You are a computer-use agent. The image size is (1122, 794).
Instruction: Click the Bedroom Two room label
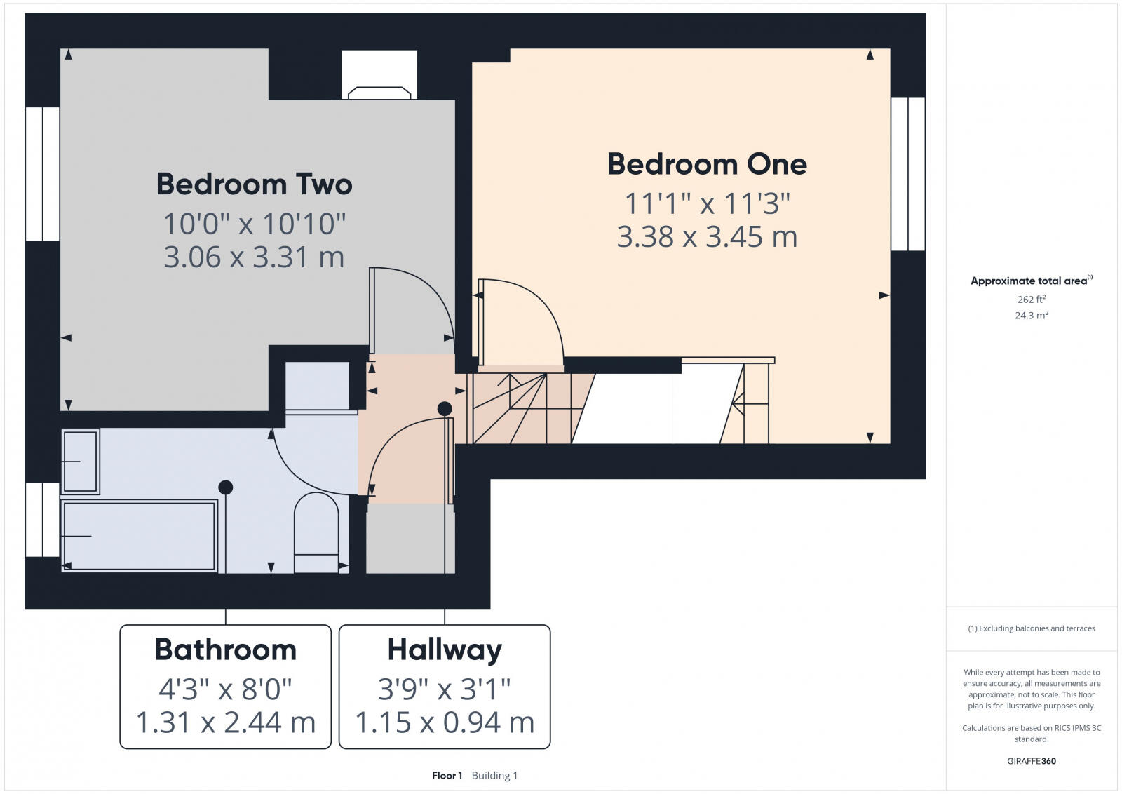tap(254, 184)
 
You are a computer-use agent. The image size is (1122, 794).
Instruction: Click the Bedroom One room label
tap(707, 164)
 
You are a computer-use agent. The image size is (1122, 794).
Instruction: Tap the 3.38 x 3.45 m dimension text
tap(707, 237)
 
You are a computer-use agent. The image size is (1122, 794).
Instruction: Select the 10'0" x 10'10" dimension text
tap(254, 224)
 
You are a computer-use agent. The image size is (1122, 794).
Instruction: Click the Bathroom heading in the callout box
tap(225, 650)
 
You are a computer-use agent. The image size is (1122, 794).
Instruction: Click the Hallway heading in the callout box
tap(445, 650)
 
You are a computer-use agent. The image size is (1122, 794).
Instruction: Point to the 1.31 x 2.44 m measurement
tap(225, 722)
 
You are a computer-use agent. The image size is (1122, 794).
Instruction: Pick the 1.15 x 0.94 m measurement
tap(445, 722)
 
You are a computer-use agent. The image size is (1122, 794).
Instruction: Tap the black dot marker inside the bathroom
tap(225, 487)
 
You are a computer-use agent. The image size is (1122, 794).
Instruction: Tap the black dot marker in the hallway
tap(445, 408)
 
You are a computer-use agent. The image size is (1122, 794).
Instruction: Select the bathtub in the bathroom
tap(139, 536)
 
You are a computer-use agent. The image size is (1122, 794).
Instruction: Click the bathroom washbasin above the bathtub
tap(80, 462)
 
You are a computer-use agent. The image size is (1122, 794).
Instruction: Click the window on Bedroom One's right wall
tap(908, 174)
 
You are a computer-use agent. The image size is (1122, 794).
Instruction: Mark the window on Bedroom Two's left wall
tap(43, 174)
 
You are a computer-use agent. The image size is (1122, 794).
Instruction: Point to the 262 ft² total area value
tap(1031, 300)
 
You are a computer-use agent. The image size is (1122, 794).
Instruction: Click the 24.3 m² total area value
tap(1031, 316)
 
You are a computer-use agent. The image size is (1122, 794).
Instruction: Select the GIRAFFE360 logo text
tap(1031, 761)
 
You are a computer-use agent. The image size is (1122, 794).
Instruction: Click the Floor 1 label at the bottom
tap(447, 776)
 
